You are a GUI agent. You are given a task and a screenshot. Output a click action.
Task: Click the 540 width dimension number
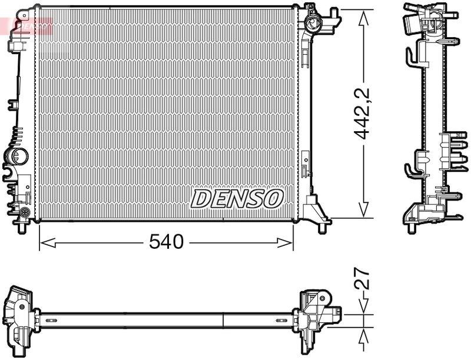167,241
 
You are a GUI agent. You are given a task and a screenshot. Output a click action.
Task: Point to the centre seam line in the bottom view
224,320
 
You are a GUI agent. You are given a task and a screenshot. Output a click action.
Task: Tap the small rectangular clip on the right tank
305,165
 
